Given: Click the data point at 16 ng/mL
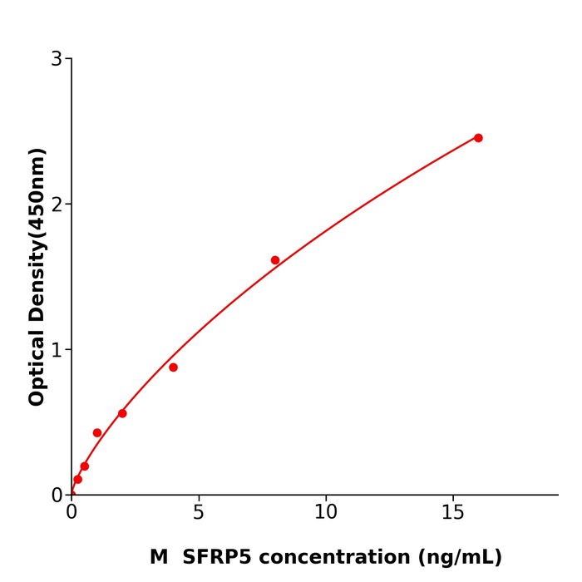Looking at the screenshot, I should (478, 138).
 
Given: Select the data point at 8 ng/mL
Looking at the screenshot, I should (275, 260).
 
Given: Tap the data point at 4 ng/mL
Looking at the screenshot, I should (173, 367).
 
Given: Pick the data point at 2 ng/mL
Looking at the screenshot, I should (122, 413).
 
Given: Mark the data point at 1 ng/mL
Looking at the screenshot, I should (97, 433).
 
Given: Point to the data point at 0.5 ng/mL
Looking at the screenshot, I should (85, 466).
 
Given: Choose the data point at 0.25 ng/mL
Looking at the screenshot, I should (78, 479).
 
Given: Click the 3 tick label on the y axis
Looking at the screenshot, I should (57, 59).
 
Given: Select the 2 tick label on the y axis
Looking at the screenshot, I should (57, 205).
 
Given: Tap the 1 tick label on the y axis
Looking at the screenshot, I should (57, 350).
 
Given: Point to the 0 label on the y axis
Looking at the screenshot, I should (57, 496).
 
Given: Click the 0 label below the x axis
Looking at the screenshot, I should (72, 513).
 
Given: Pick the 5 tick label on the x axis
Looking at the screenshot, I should (199, 513).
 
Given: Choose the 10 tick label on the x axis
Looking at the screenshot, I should (326, 513).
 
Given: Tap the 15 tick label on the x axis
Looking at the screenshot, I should (453, 513).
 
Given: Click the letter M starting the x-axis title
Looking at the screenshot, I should (159, 557).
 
